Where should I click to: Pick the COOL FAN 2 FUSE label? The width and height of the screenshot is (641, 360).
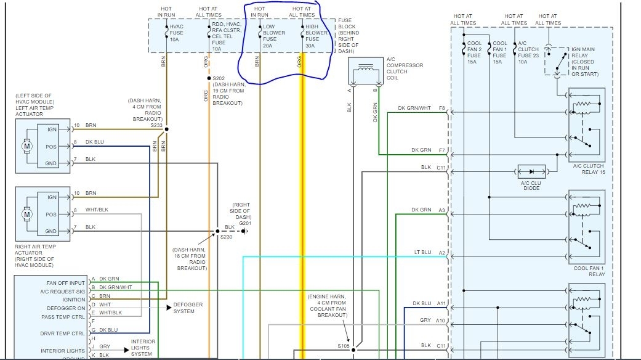pyautogui.click(x=474, y=54)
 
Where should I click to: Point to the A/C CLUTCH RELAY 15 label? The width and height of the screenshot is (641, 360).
pyautogui.click(x=588, y=170)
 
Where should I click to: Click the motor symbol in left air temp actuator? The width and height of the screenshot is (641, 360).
pyautogui.click(x=26, y=147)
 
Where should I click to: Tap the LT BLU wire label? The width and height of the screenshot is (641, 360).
pyautogui.click(x=421, y=252)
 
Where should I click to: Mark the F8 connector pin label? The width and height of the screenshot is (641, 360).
pyautogui.click(x=441, y=108)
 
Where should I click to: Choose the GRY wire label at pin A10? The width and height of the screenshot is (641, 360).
pyautogui.click(x=425, y=320)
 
